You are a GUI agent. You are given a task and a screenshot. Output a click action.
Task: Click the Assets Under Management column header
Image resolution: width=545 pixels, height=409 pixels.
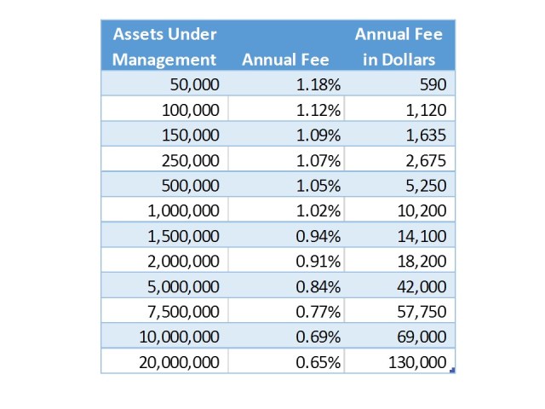[x=165, y=47]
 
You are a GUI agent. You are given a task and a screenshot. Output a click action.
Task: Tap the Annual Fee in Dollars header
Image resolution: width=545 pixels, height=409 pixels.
[x=399, y=47]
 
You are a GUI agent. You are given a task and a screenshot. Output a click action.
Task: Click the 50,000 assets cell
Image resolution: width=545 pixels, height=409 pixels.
[x=195, y=84]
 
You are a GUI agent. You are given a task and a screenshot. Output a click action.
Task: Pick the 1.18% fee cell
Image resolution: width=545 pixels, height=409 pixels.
[x=318, y=84]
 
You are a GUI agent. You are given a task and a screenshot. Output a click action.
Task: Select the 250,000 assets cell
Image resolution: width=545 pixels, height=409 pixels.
[x=191, y=159]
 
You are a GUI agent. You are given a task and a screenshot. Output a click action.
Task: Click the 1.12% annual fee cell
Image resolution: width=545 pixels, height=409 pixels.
[x=318, y=109]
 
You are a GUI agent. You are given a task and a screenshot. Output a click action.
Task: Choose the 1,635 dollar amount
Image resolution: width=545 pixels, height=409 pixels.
[x=427, y=135]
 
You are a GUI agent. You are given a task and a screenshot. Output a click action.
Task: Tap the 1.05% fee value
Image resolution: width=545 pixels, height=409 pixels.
[x=318, y=185]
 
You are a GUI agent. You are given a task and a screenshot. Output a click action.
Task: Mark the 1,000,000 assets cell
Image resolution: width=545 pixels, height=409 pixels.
[x=184, y=210]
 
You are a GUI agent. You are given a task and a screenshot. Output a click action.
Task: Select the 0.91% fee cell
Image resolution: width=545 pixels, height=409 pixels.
[x=318, y=261]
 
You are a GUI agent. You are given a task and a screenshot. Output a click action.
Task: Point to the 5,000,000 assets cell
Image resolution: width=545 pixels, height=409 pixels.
[x=184, y=285]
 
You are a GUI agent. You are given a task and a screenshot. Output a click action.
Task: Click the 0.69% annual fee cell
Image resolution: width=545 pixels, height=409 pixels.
[x=318, y=336]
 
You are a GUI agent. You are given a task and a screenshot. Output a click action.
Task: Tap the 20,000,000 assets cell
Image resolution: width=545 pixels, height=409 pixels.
[x=180, y=361]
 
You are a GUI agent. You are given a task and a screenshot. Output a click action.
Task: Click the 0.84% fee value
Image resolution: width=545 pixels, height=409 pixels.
[x=318, y=285]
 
